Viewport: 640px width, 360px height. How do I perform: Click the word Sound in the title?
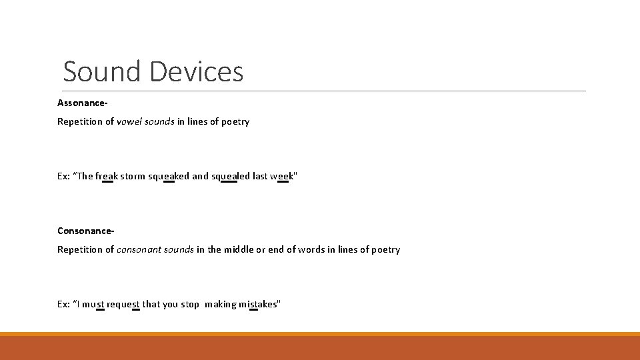click(x=102, y=71)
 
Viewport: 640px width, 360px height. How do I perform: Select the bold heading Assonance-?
click(x=83, y=103)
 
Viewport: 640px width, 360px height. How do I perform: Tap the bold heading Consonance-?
click(x=86, y=231)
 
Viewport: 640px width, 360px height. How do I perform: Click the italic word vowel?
click(x=129, y=121)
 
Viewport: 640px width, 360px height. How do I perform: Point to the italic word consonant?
click(x=138, y=249)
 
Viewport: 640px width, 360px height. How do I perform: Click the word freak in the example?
click(x=107, y=176)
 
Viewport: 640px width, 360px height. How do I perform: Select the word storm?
click(x=131, y=176)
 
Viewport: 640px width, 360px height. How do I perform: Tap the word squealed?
click(x=231, y=176)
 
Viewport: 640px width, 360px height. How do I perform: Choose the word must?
click(x=95, y=304)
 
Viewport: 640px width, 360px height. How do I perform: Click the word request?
click(x=123, y=304)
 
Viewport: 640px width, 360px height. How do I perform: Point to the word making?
click(x=221, y=304)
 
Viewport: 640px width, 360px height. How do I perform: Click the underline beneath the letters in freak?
click(x=107, y=182)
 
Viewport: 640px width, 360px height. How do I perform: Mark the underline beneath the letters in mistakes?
click(x=253, y=310)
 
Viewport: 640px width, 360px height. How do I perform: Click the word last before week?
click(x=260, y=176)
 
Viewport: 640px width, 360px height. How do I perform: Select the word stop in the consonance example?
click(x=189, y=304)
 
